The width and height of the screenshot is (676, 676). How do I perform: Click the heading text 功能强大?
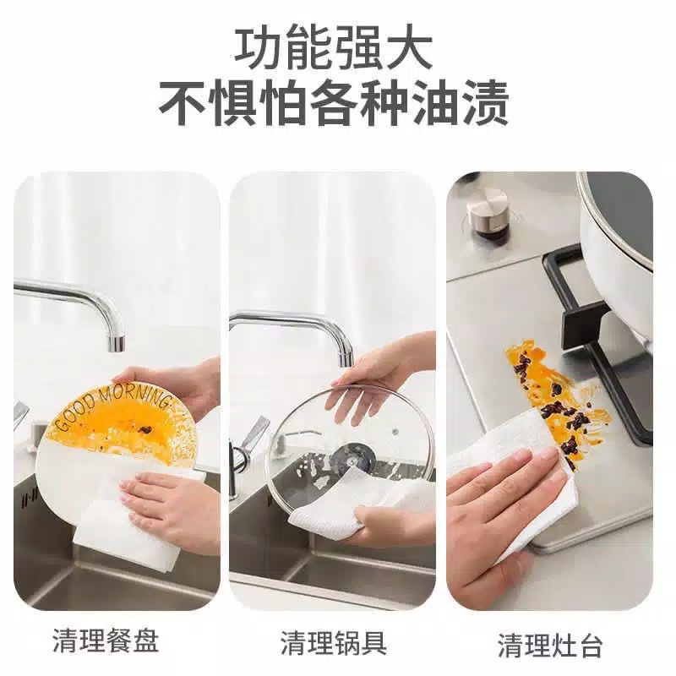pos(333,50)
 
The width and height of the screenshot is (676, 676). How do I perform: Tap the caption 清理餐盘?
pos(106,641)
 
